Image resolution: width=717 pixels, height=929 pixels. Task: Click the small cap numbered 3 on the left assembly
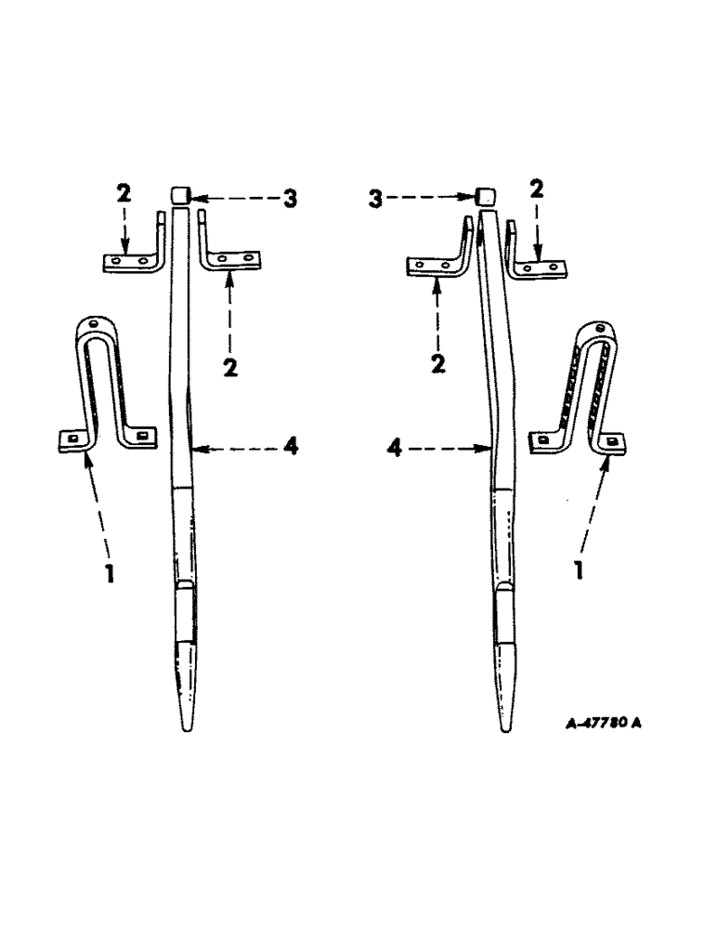[x=180, y=194]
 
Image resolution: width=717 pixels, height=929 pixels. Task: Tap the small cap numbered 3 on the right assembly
[x=483, y=196]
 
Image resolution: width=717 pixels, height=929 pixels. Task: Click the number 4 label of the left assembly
[x=290, y=448]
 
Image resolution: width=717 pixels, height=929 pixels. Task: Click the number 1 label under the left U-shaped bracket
[x=110, y=574]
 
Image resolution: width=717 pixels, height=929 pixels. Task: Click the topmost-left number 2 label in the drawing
[x=124, y=194]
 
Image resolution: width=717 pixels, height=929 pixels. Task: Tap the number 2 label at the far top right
[x=535, y=190]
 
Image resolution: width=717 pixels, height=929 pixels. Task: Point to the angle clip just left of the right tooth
[x=443, y=259]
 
